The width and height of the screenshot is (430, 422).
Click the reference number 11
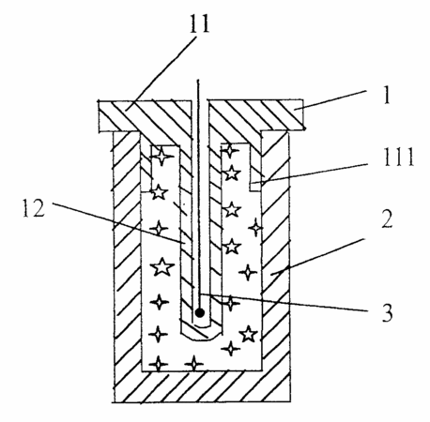(x=199, y=23)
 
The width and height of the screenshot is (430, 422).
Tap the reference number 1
(x=387, y=95)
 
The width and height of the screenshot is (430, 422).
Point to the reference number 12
(x=34, y=208)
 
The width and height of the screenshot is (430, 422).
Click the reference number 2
(x=387, y=219)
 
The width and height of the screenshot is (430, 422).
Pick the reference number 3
(x=387, y=312)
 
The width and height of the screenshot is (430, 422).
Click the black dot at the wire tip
(x=199, y=312)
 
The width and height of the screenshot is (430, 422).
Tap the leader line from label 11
(x=161, y=73)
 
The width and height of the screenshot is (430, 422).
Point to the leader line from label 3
(x=284, y=302)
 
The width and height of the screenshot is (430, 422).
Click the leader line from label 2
(x=318, y=257)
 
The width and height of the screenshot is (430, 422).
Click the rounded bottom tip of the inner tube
(x=201, y=333)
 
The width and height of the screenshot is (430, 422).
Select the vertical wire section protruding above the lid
(x=198, y=90)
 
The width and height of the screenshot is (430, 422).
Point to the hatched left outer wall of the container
(x=127, y=250)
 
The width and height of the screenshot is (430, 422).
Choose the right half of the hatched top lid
(x=255, y=115)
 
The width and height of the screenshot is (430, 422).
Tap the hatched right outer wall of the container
(x=275, y=250)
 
